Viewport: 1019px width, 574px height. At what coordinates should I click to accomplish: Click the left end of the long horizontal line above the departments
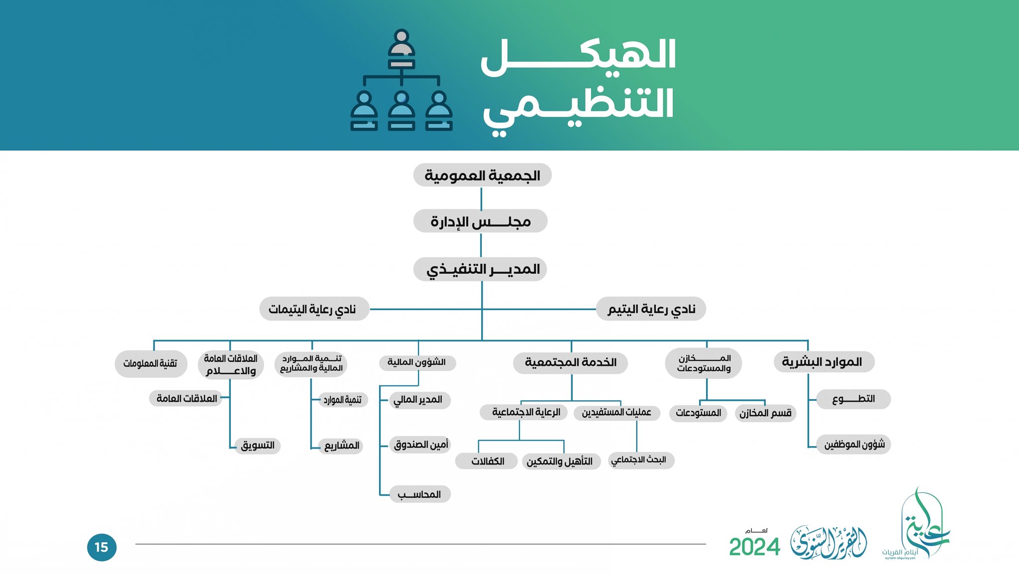pos(154,341)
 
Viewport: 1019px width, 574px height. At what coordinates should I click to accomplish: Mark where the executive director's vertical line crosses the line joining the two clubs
pos(482,309)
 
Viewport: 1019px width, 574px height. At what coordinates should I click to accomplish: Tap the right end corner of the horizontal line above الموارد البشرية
pos(808,341)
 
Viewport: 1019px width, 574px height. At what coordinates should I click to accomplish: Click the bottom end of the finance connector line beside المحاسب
pos(380,495)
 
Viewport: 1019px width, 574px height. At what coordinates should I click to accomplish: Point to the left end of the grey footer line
pos(136,544)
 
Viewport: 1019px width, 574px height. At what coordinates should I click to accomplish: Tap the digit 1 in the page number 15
pos(97,548)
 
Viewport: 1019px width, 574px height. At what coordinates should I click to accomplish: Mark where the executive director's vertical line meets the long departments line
pos(482,341)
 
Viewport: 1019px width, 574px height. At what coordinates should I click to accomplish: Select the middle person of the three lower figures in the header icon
pos(402,111)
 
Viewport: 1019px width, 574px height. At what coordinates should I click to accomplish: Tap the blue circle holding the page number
pos(102,548)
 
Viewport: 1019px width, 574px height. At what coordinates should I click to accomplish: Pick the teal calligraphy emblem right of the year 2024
pos(828,542)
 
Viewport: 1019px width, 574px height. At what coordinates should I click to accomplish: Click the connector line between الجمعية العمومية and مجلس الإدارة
pos(481,198)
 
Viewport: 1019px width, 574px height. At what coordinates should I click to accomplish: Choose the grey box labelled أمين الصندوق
pos(420,445)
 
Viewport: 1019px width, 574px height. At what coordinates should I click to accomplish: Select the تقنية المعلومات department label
pos(150,363)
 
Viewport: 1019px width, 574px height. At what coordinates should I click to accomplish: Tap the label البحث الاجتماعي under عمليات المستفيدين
pos(638,459)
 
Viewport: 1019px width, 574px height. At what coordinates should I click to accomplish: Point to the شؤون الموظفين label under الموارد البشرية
pos(854,444)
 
